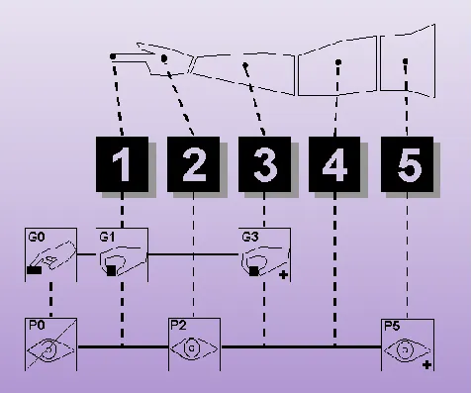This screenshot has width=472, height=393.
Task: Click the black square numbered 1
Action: coord(122,164)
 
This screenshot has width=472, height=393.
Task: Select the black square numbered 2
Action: coord(194,164)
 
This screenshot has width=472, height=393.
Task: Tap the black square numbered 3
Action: coord(264,164)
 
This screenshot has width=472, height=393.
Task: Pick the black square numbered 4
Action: coord(334,164)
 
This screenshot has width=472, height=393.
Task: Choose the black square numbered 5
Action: coord(408,164)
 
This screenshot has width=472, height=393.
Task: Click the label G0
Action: coord(37,238)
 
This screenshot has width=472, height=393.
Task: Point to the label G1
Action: coord(107,238)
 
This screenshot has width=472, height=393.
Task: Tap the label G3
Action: coord(250,238)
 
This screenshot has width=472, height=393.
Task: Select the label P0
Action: coord(37,326)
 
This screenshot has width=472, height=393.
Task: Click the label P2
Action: coord(178,326)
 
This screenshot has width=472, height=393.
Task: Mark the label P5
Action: coord(392,326)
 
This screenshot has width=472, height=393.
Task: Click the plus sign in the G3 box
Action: coord(283,274)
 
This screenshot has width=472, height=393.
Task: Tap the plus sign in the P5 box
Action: coord(426,365)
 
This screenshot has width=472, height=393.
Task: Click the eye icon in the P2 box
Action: coord(194,348)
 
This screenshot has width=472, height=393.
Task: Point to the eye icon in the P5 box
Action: coord(407,350)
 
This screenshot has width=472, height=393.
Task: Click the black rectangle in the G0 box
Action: coord(35,270)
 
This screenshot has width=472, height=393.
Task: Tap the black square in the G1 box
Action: coord(112,270)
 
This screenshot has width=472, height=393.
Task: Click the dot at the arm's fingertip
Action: coord(113,56)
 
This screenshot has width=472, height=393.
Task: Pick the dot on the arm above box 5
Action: coord(406,61)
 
